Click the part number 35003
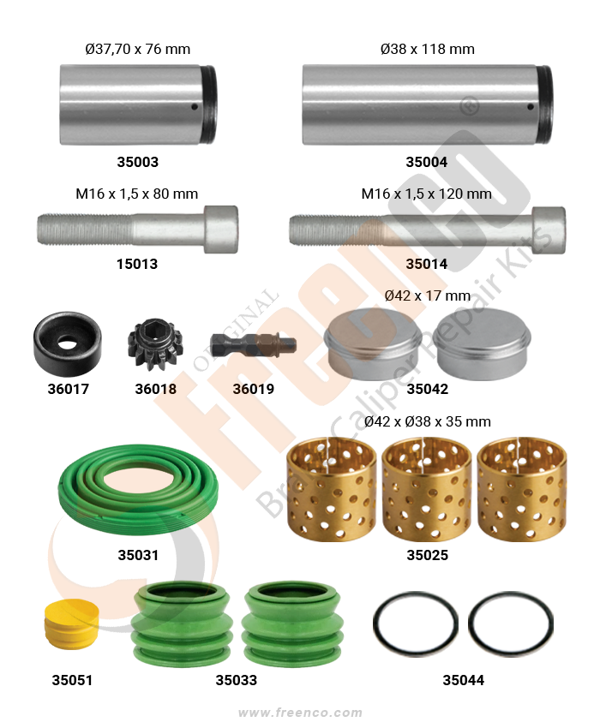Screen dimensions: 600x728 click(x=137, y=162)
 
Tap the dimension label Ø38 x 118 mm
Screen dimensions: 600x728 click(x=427, y=49)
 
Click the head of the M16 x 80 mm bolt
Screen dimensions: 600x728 click(x=221, y=230)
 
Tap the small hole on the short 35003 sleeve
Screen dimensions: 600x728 click(x=195, y=107)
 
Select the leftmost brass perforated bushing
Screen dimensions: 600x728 click(x=331, y=489)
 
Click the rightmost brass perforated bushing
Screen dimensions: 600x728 click(x=522, y=489)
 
